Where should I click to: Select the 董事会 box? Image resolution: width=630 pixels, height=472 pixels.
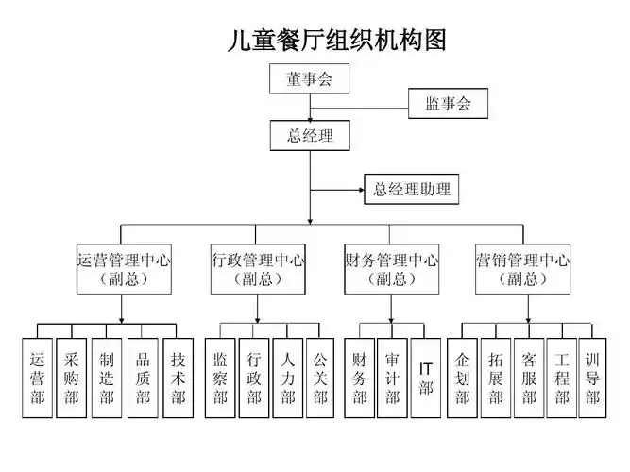tap(310, 79)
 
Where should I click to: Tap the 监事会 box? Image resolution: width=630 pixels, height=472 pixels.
tap(448, 103)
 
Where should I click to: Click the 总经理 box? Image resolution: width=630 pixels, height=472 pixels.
tap(310, 136)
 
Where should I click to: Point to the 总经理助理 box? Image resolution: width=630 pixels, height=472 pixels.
tap(412, 189)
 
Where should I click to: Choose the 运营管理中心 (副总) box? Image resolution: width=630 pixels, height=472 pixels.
tap(123, 268)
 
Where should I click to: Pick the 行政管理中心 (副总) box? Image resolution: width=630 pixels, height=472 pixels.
tap(257, 268)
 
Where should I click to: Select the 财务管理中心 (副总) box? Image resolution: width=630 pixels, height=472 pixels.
tap(390, 268)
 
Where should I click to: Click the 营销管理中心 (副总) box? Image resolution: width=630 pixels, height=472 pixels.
tap(522, 268)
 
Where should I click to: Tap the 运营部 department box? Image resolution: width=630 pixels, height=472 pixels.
tap(37, 378)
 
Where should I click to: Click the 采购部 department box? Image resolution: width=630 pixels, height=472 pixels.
tap(72, 378)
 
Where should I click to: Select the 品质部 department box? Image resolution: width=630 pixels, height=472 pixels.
tap(143, 378)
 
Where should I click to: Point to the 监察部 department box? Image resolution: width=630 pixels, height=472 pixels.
tap(220, 378)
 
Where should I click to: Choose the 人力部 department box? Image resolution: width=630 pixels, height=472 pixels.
tap(288, 378)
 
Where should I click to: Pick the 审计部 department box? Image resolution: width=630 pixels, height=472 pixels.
tap(392, 378)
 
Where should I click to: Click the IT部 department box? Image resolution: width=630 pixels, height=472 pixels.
tap(426, 378)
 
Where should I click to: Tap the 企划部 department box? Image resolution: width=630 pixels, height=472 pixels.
tap(462, 378)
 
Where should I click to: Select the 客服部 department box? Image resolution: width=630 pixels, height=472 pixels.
tap(529, 378)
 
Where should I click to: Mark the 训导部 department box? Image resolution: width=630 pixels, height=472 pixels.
tap(592, 378)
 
